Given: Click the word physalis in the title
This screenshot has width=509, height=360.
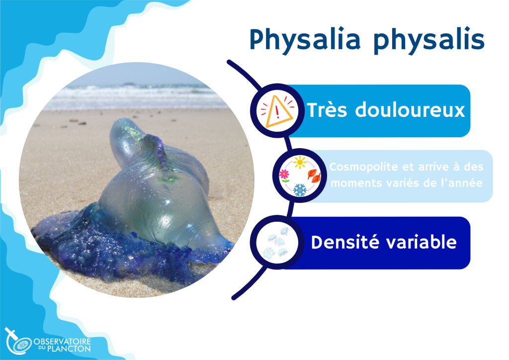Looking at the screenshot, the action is [x=429, y=41].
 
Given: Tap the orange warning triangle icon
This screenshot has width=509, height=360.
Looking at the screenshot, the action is [x=278, y=111].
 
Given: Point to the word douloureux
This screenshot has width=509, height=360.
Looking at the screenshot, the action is [x=410, y=110].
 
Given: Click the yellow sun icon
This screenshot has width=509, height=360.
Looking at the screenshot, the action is [x=299, y=162].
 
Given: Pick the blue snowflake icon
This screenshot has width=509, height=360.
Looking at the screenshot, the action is [x=300, y=190].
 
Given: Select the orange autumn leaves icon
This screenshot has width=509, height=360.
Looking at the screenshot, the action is [x=314, y=176].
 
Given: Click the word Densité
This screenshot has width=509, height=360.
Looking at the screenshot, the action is [x=345, y=242].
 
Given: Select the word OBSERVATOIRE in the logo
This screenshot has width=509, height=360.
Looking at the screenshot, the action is [x=62, y=342].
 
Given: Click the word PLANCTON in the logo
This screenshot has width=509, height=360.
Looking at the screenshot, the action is [x=69, y=349].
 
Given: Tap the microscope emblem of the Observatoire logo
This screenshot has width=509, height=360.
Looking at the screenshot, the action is [x=18, y=341].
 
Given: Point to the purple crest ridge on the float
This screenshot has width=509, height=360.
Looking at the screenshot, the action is [x=161, y=154].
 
